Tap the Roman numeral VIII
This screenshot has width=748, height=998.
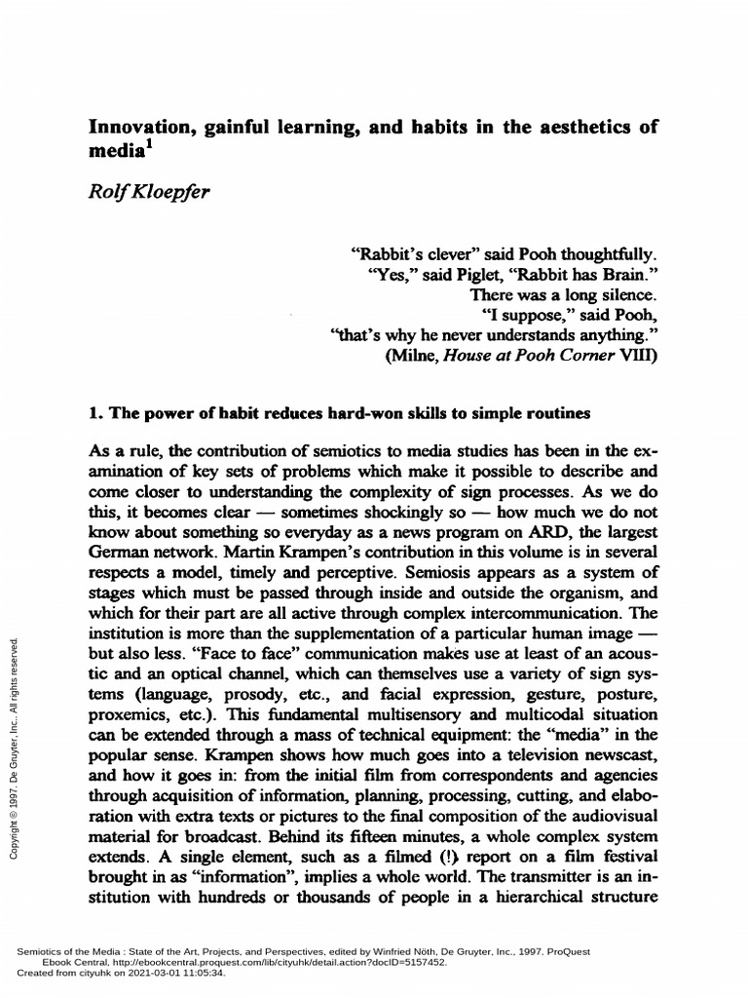tap(636, 357)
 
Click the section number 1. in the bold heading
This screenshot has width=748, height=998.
tap(95, 413)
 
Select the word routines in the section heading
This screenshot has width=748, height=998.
tap(557, 413)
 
